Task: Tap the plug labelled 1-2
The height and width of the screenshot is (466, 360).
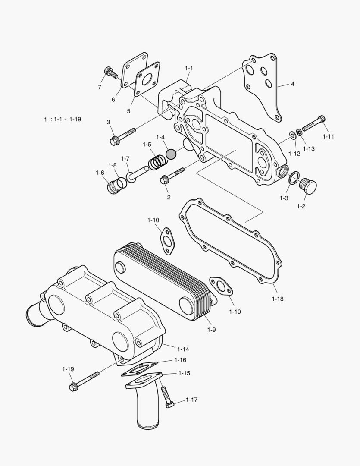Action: [x=308, y=186]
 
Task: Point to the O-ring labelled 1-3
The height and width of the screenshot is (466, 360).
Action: [x=294, y=178]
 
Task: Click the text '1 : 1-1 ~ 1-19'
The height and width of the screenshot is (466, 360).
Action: [x=62, y=119]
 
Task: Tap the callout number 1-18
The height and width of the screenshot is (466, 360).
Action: [x=278, y=299]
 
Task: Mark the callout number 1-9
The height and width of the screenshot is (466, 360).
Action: [x=211, y=330]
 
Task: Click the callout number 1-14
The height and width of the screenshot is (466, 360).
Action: [x=183, y=349]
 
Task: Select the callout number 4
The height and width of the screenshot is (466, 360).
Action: [x=293, y=84]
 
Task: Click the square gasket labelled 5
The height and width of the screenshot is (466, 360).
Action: [x=145, y=82]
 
